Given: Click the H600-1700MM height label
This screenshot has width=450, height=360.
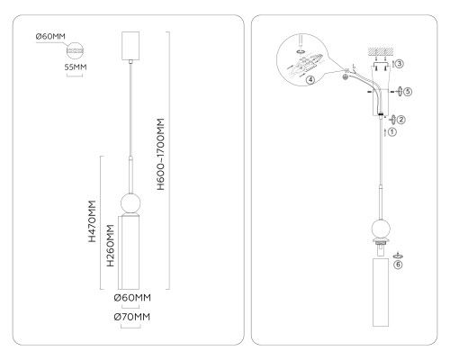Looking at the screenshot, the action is [161, 154].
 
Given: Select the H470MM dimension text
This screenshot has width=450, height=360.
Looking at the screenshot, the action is [92, 221].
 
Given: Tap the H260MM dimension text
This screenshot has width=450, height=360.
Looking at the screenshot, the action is [111, 246].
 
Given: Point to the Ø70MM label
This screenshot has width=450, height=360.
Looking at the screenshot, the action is [132, 317].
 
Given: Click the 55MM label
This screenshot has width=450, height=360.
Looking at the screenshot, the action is [76, 67].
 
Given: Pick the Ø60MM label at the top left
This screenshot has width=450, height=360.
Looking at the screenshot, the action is [50, 37].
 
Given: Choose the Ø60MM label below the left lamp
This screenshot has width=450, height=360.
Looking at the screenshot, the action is [132, 298].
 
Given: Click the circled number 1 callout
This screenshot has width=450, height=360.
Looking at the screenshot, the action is [392, 131].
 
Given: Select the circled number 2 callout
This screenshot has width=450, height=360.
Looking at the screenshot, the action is [401, 120].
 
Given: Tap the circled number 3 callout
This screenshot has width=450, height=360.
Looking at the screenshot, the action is [400, 64].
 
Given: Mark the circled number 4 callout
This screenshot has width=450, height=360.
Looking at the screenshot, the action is [310, 80].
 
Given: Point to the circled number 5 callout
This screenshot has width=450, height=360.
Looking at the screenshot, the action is [408, 91].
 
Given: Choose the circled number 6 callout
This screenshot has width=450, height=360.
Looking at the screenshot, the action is [398, 265].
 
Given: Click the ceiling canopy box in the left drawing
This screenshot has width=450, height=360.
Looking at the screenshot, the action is [130, 46].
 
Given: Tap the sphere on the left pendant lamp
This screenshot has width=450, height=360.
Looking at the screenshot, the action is [130, 203].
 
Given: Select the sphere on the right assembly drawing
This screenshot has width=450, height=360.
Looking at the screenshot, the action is [381, 229].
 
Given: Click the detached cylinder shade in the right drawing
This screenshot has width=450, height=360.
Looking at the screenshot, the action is [381, 292].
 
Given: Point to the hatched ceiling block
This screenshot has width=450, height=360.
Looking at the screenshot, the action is [381, 51].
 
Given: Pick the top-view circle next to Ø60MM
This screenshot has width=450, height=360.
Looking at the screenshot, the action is [75, 51].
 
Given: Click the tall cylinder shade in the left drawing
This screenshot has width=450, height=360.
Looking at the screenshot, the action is [130, 253].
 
